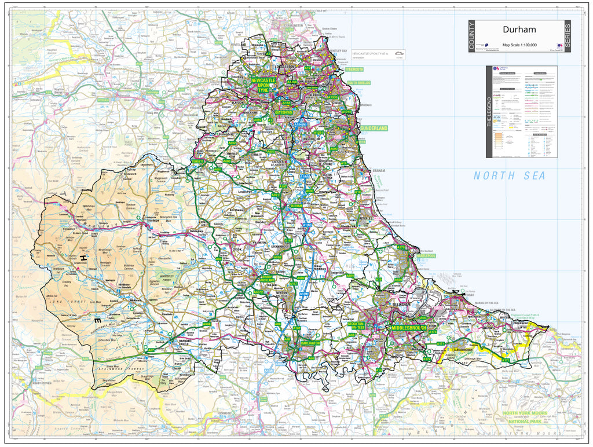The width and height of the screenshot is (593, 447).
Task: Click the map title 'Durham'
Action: point(519,30)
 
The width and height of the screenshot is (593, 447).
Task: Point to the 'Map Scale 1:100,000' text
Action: point(519,45)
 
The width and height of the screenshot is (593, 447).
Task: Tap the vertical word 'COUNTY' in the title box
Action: point(472,36)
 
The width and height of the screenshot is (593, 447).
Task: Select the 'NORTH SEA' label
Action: point(509,176)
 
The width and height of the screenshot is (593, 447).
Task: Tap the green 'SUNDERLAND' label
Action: point(374,128)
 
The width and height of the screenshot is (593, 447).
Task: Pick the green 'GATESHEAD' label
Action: point(284,112)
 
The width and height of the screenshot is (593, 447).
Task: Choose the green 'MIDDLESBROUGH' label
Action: point(409,328)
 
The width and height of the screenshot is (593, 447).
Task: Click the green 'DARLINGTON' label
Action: point(310,343)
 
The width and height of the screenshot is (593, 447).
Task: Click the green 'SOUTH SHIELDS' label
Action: point(359,83)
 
